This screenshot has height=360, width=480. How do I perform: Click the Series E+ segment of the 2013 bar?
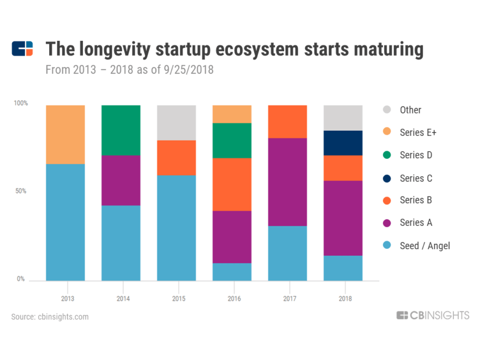click(65, 134)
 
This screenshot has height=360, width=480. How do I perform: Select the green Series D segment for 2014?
click(121, 130)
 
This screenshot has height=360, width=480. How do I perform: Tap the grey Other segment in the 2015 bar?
click(176, 123)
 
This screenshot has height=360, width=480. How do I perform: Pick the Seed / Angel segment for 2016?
click(232, 272)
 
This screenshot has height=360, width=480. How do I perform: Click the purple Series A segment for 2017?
click(287, 182)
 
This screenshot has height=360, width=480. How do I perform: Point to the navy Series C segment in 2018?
click(343, 143)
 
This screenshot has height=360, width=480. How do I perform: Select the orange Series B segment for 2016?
click(232, 184)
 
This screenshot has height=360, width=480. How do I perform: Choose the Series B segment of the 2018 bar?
click(343, 168)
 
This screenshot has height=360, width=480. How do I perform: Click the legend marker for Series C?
click(386, 178)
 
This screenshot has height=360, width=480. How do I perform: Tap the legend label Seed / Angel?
click(425, 246)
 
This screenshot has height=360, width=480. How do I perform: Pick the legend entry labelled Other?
click(410, 110)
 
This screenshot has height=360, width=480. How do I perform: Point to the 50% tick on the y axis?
click(20, 191)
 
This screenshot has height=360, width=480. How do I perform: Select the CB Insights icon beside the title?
click(22, 49)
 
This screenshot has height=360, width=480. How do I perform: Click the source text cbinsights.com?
click(63, 316)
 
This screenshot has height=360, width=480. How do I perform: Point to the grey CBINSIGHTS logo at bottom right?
click(433, 315)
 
